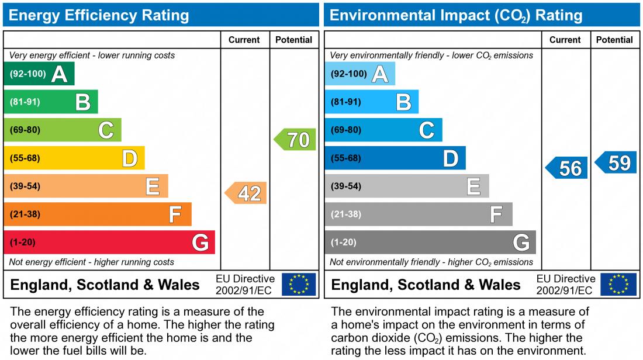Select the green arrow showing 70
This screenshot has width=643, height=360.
pyautogui.click(x=296, y=140)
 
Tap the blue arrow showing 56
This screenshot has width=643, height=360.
pyautogui.click(x=568, y=168)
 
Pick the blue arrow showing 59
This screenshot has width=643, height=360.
pyautogui.click(x=617, y=162)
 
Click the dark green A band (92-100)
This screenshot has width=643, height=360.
pyautogui.click(x=39, y=74)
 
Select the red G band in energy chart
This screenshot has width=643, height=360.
pyautogui.click(x=109, y=242)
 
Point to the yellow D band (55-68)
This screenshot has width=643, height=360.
pyautogui.click(x=74, y=158)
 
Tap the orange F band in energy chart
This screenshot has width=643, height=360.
pyautogui.click(x=98, y=214)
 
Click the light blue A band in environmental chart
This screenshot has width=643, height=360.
pyautogui.click(x=359, y=74)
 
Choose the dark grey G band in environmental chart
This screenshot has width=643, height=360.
pyautogui.click(x=430, y=242)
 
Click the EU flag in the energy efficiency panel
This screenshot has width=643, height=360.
pyautogui.click(x=299, y=285)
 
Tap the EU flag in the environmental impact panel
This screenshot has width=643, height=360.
pyautogui.click(x=619, y=285)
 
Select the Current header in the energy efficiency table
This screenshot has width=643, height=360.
pyautogui.click(x=244, y=40)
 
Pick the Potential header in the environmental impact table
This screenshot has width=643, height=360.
pyautogui.click(x=614, y=40)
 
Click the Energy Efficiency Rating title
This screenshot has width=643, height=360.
pyautogui.click(x=99, y=15)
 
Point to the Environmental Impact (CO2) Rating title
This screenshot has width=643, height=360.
pyautogui.click(x=456, y=15)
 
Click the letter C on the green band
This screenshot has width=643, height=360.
pyautogui.click(x=106, y=130)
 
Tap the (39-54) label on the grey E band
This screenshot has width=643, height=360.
pyautogui.click(x=346, y=186)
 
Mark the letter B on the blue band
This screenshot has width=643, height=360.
pyautogui.click(x=403, y=102)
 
